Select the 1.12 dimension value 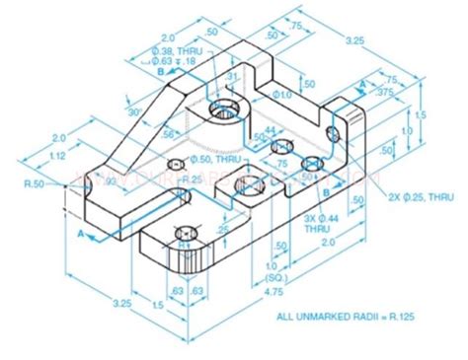click(x=57, y=155)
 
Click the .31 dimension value click(x=230, y=76)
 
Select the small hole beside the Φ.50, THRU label click(x=177, y=164)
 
